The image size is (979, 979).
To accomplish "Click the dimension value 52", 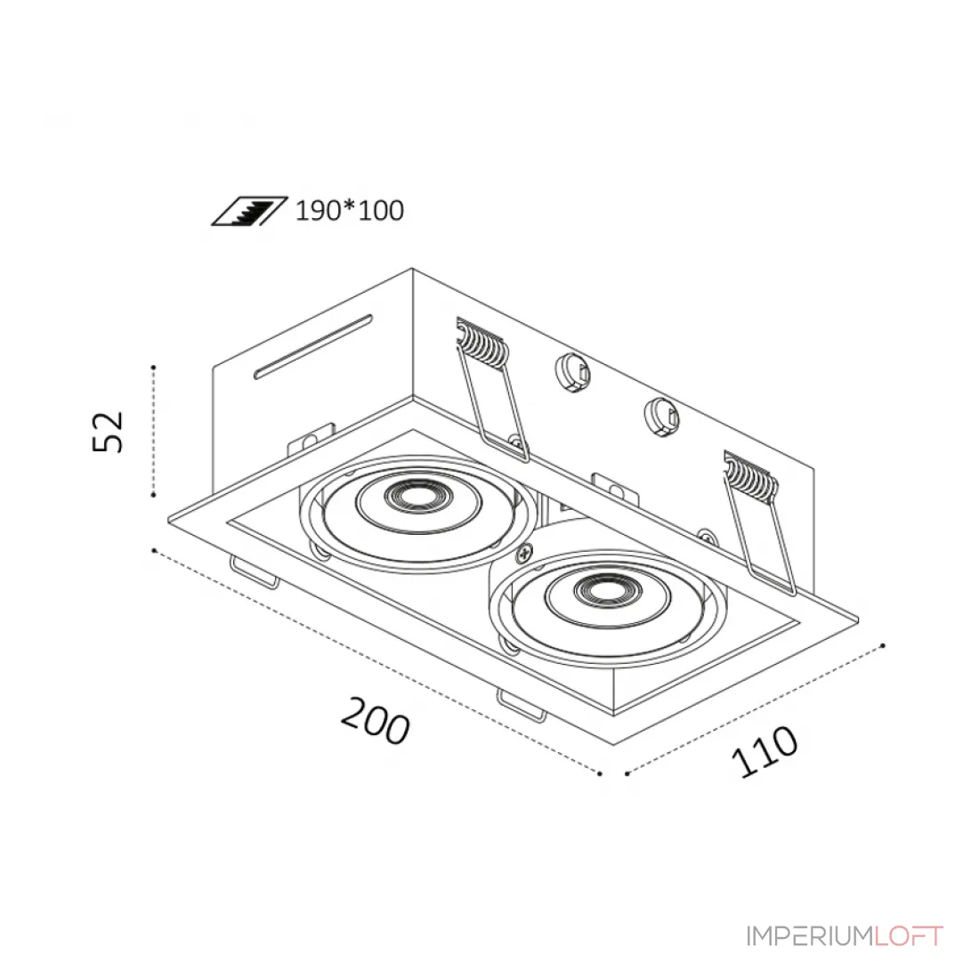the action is coord(108,432).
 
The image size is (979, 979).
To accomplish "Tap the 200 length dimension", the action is coord(376,721).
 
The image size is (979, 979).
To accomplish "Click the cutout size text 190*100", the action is coord(349,210).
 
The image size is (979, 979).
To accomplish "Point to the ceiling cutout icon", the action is coord(249,211).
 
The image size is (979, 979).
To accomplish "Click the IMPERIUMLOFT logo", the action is coord(845,936).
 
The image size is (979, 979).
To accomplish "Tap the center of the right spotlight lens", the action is coord(604,590).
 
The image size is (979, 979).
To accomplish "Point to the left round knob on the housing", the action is coord(572,374).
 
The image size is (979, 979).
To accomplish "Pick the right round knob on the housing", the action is coord(662,417).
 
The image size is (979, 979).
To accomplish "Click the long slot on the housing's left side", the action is coord(312,346).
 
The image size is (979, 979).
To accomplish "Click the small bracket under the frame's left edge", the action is coord(255,572).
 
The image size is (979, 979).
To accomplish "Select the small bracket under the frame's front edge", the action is coord(521,706).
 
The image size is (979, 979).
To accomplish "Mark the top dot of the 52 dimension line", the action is coord(154,367).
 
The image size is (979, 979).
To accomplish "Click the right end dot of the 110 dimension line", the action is coord(882,645).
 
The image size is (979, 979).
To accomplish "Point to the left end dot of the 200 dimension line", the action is coord(154,550).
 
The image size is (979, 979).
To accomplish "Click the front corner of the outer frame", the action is coord(614,744).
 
